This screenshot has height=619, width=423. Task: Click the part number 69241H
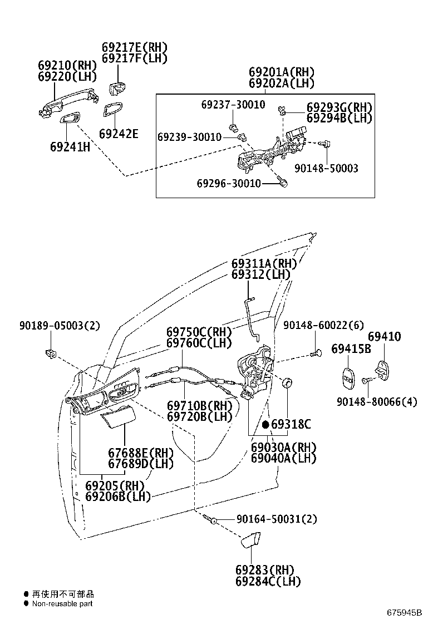coord(70,147)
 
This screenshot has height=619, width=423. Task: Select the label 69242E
coord(119,134)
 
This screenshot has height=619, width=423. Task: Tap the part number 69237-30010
coord(233,105)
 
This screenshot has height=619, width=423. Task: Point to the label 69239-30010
coord(189,137)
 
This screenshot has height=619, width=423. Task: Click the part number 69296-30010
coord(229,183)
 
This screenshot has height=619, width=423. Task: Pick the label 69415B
coord(351,349)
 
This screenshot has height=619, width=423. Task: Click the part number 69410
coord(384,337)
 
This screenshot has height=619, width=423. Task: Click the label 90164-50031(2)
coord(276,519)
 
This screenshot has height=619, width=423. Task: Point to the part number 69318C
coord(291,425)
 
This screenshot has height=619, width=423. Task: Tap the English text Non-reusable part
coord(62,603)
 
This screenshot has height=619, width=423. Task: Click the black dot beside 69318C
coord(265,425)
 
